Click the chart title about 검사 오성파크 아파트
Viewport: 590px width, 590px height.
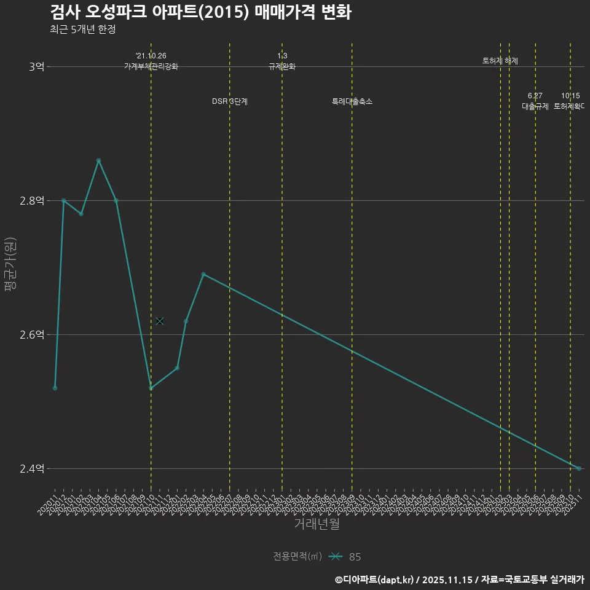(x=200, y=12)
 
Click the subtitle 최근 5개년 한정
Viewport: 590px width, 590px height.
(x=82, y=29)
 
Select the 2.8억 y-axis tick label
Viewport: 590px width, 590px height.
(x=32, y=200)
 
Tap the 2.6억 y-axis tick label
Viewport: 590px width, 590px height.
(x=32, y=334)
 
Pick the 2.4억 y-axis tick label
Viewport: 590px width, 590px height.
(x=32, y=468)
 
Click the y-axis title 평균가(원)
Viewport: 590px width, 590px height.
(x=11, y=267)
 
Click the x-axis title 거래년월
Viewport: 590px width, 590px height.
(x=317, y=524)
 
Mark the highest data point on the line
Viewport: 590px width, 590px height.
(x=98, y=160)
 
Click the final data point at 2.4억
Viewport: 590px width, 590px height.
(x=579, y=468)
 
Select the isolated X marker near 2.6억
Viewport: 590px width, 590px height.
(x=160, y=321)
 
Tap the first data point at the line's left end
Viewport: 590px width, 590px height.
(x=55, y=388)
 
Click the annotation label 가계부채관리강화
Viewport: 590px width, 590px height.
(x=151, y=66)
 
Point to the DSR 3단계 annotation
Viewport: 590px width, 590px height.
(x=230, y=101)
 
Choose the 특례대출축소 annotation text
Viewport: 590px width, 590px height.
(x=352, y=101)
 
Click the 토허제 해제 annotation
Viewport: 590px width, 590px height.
(x=500, y=61)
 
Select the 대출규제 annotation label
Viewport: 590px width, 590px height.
(x=535, y=106)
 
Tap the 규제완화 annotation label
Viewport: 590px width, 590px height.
(x=282, y=66)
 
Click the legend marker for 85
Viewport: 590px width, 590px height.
(x=335, y=557)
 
